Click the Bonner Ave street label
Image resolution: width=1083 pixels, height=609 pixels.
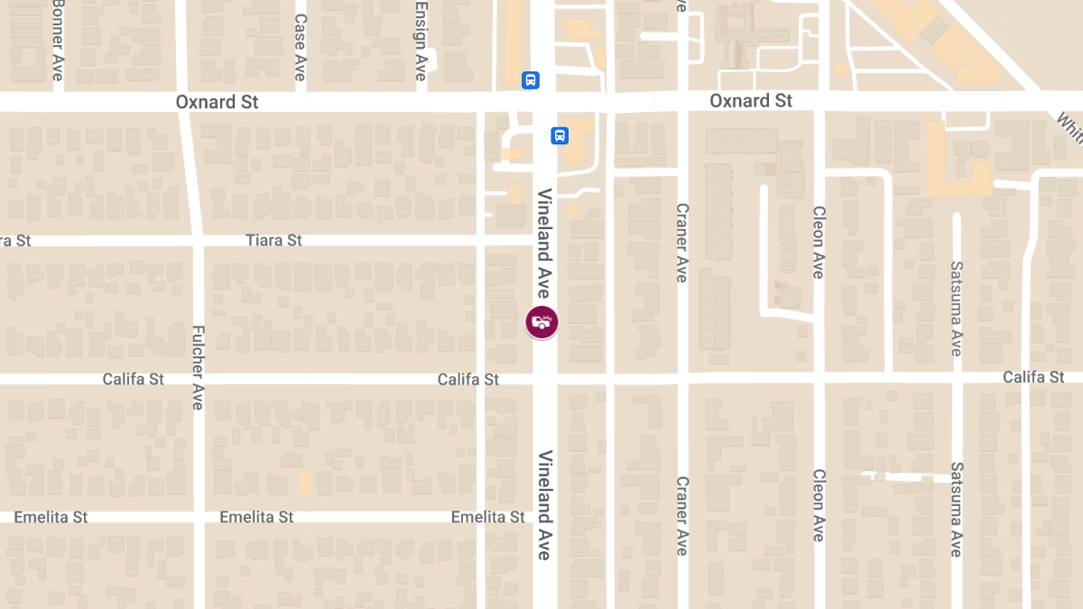(x=58, y=41)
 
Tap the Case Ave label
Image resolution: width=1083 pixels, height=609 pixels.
(x=301, y=47)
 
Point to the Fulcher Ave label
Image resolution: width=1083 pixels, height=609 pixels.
(x=199, y=367)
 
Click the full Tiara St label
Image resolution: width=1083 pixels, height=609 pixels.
(x=273, y=241)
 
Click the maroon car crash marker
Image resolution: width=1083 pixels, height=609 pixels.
(x=541, y=322)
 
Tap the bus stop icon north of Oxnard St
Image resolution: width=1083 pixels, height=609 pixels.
(x=531, y=79)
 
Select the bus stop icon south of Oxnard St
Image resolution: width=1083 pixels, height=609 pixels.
(x=560, y=135)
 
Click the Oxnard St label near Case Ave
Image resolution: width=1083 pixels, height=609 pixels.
(x=217, y=102)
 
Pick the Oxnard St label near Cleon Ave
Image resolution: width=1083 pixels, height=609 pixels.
(x=751, y=100)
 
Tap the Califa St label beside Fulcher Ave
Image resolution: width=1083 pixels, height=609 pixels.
(x=133, y=379)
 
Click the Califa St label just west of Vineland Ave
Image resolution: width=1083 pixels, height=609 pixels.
(x=467, y=380)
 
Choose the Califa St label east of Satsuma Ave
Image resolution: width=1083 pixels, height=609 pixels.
(x=1033, y=377)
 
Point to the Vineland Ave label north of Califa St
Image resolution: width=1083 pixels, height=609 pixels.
(x=543, y=244)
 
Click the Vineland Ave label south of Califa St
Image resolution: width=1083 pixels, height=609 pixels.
(x=544, y=505)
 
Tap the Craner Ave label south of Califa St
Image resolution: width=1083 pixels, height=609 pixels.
(x=682, y=515)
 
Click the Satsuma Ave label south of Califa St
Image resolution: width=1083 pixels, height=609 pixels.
(x=957, y=510)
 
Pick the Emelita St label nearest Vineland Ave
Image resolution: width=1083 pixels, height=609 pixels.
(x=487, y=517)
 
